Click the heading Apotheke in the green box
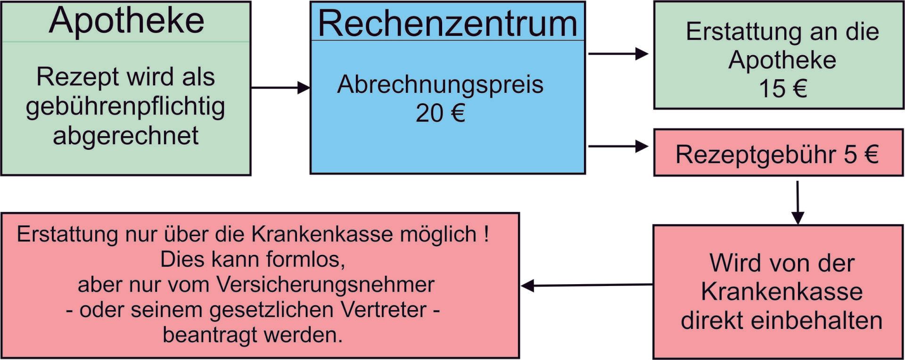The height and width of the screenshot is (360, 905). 126,21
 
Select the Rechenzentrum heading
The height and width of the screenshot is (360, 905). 447,23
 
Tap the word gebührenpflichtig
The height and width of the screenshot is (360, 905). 125,107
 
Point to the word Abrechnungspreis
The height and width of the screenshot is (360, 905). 440,85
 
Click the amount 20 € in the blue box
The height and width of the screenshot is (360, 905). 440,113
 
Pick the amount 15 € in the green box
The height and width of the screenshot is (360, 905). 782,89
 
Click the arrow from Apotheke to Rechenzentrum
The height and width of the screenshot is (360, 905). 280,88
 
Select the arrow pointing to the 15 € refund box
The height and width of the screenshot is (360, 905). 618,54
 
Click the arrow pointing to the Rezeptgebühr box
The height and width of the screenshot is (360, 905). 618,147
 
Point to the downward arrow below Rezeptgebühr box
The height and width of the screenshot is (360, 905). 798,203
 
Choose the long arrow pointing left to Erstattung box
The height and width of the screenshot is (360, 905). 587,285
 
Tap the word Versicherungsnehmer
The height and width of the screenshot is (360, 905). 326,285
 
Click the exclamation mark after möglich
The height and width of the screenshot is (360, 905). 486,234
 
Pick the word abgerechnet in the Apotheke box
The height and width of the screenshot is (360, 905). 125,136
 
